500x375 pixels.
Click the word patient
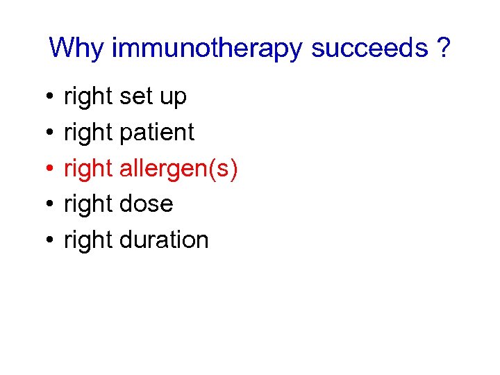pyautogui.click(x=157, y=133)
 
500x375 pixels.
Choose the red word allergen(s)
pyautogui.click(x=178, y=169)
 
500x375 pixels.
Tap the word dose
pyautogui.click(x=146, y=204)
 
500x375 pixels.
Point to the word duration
pyautogui.click(x=164, y=240)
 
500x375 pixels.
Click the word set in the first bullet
pyautogui.click(x=135, y=97)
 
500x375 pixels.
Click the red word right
pyautogui.click(x=88, y=169)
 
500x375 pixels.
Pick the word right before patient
pyautogui.click(x=88, y=133)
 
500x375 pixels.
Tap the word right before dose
pyautogui.click(x=88, y=204)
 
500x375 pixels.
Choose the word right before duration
pyautogui.click(x=88, y=240)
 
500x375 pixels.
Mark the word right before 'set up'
pyautogui.click(x=88, y=97)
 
